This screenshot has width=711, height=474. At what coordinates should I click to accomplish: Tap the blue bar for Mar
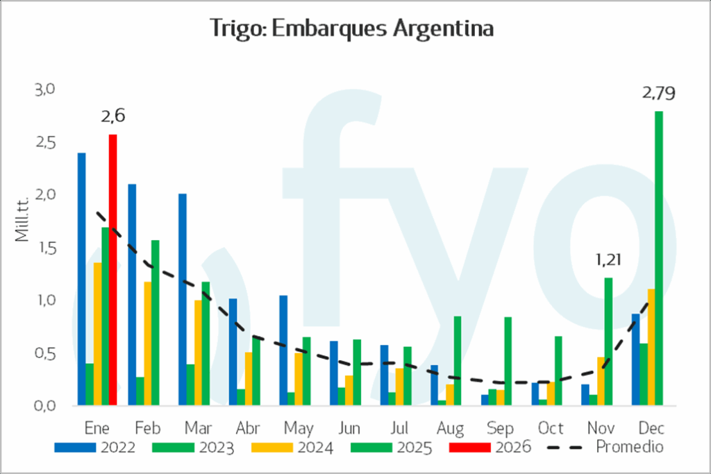tap(183, 299)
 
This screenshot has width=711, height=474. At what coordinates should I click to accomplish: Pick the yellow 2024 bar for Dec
tap(651, 347)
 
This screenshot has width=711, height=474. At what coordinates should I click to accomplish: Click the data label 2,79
tap(659, 94)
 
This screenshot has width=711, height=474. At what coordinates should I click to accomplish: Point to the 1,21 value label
tap(608, 261)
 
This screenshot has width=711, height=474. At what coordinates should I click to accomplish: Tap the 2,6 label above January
tap(113, 117)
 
